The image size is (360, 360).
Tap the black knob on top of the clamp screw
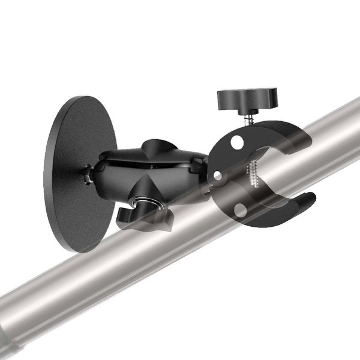pos(247,96)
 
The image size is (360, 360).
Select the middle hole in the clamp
pos(218,176)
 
